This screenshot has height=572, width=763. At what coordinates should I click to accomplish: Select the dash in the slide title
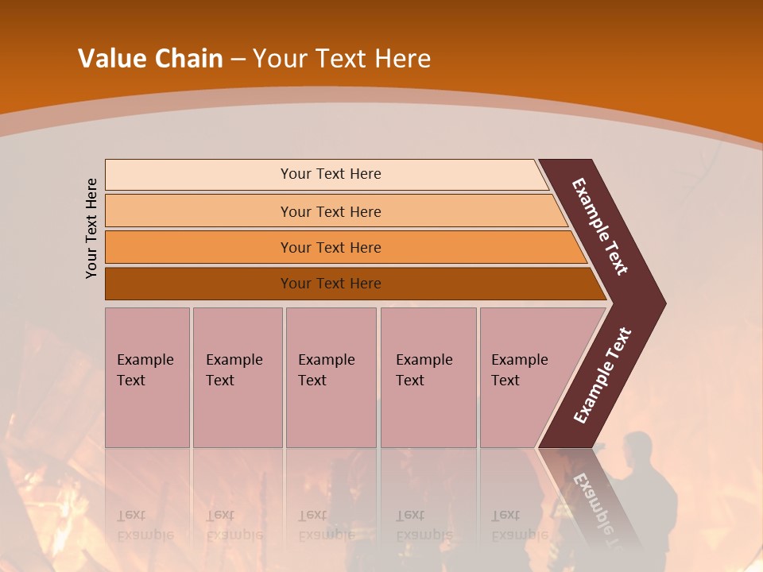pyautogui.click(x=238, y=60)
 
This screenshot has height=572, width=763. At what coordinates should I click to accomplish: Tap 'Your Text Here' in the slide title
pyautogui.click(x=342, y=59)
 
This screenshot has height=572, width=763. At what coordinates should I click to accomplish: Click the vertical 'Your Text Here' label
pyautogui.click(x=91, y=228)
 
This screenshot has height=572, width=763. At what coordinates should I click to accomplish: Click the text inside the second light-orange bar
pyautogui.click(x=331, y=212)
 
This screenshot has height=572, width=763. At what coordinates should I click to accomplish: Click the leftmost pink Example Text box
pyautogui.click(x=147, y=377)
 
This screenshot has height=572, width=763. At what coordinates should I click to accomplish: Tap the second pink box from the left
pyautogui.click(x=238, y=377)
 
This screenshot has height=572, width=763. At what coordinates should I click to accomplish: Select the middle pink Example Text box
pyautogui.click(x=331, y=377)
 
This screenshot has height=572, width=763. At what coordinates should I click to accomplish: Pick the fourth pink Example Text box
pyautogui.click(x=428, y=377)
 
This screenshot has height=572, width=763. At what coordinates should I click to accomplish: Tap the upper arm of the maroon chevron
pyautogui.click(x=601, y=226)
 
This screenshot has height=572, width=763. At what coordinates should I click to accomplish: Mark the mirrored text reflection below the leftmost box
pyautogui.click(x=145, y=524)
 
